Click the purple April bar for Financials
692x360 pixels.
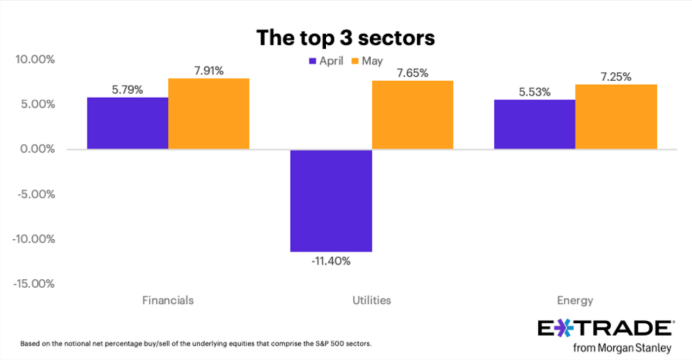pyautogui.click(x=127, y=123)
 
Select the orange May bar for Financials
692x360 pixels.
pyautogui.click(x=208, y=114)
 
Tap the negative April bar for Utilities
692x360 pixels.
pyautogui.click(x=331, y=200)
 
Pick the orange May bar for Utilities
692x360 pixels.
pyautogui.click(x=412, y=115)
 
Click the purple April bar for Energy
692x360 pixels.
pyautogui.click(x=535, y=124)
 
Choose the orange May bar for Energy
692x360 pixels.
pyautogui.click(x=616, y=116)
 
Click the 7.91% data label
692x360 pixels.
pyautogui.click(x=208, y=71)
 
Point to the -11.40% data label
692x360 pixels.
pyautogui.click(x=331, y=261)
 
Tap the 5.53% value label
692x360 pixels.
pyautogui.click(x=535, y=92)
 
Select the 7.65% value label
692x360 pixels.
pyautogui.click(x=412, y=73)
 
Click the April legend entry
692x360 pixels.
pyautogui.click(x=326, y=61)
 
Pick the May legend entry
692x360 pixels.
pyautogui.click(x=367, y=61)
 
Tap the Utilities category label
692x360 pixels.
pyautogui.click(x=371, y=300)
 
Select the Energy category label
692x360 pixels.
pyautogui.click(x=575, y=300)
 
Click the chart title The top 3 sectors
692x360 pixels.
pyautogui.click(x=345, y=38)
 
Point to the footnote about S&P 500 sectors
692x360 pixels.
pyautogui.click(x=196, y=344)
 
